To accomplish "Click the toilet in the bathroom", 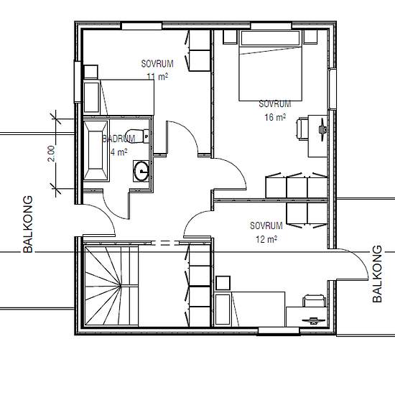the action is (x=137, y=136).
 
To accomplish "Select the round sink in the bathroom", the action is (x=141, y=171).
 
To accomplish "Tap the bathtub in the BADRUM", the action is (x=96, y=151).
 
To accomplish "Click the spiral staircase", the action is (x=111, y=286).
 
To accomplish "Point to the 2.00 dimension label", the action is (x=51, y=154).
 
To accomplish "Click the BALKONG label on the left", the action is (x=28, y=224).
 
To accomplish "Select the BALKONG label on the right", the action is (x=377, y=274).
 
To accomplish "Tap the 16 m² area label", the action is (x=275, y=117).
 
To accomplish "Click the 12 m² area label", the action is (x=266, y=239).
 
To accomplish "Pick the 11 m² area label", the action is (x=157, y=76).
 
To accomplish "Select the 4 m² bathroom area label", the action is (x=119, y=152).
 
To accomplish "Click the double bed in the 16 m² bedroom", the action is (x=270, y=65).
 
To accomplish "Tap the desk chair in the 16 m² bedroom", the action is (x=302, y=129).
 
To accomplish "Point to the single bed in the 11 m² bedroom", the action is (x=118, y=98).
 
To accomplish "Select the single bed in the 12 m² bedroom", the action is (x=250, y=309).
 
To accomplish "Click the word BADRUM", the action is (x=119, y=139).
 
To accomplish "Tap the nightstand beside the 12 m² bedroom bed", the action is (x=223, y=283).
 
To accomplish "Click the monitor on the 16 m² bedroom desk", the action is (x=322, y=129).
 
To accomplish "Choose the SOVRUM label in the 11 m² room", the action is (x=157, y=64).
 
